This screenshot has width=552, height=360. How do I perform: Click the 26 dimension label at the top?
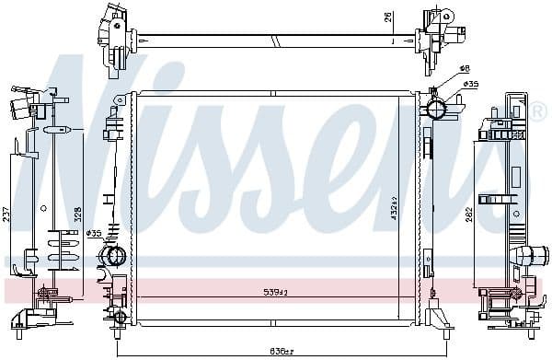coord(389,17)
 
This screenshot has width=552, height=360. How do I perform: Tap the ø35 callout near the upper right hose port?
coord(470,84)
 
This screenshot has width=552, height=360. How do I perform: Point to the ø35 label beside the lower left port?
coord(93,233)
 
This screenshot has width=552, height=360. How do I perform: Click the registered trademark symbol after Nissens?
coord(537,111)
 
